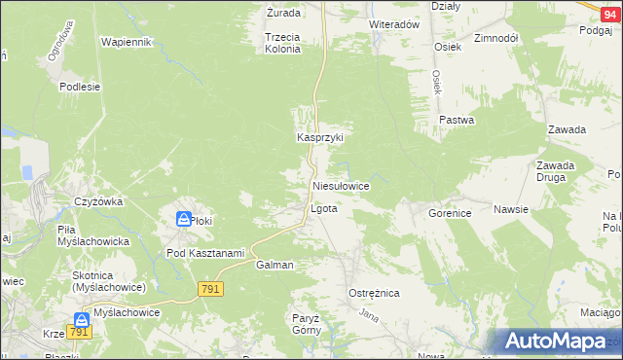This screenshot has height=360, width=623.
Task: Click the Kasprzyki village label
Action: (320, 138)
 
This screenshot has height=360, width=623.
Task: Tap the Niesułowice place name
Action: (340, 185)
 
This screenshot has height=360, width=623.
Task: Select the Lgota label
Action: (323, 209)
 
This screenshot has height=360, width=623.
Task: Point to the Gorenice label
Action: (450, 211)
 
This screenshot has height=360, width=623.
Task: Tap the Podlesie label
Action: (80, 87)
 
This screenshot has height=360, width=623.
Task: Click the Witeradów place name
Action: (393, 24)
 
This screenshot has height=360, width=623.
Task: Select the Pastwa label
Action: (456, 121)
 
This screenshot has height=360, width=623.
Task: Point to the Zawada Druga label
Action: (555, 171)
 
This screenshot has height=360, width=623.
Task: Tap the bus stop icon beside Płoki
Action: (183, 220)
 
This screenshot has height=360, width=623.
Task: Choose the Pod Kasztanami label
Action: (204, 253)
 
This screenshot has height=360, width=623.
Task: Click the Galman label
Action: (275, 265)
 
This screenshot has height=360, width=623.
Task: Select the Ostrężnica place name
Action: (374, 292)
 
